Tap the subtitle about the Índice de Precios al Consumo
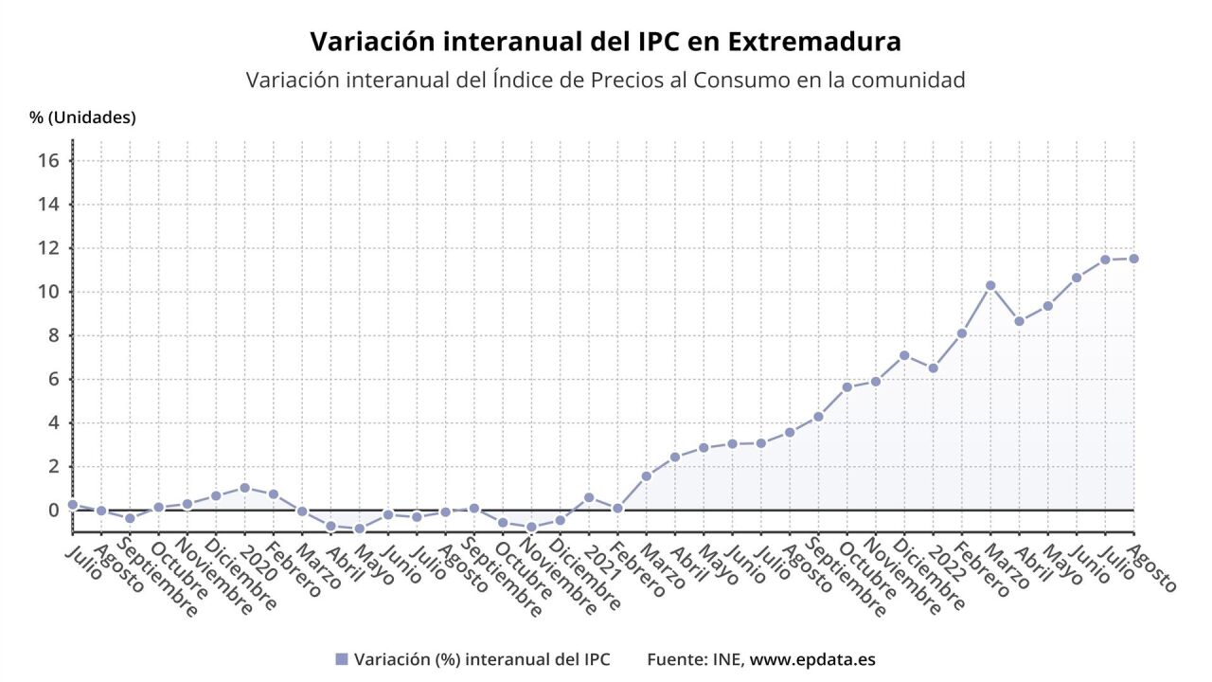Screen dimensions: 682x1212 (605, 81)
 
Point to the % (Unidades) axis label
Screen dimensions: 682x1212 (82, 117)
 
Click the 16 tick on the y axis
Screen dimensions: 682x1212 (50, 161)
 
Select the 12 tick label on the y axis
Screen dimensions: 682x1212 (50, 248)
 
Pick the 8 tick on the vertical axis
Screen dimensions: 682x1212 (54, 335)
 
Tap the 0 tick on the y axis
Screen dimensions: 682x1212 (54, 511)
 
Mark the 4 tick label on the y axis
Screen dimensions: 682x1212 (54, 422)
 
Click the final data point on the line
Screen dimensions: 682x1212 (1133, 259)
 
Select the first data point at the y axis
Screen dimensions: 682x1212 (73, 505)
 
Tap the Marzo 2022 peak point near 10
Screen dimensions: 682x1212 (990, 285)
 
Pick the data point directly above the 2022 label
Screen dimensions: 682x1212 (933, 368)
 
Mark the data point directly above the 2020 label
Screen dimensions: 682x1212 (244, 488)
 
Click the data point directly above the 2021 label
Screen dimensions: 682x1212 (589, 497)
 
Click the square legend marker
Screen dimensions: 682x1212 (342, 659)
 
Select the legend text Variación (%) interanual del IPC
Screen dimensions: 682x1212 (482, 659)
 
